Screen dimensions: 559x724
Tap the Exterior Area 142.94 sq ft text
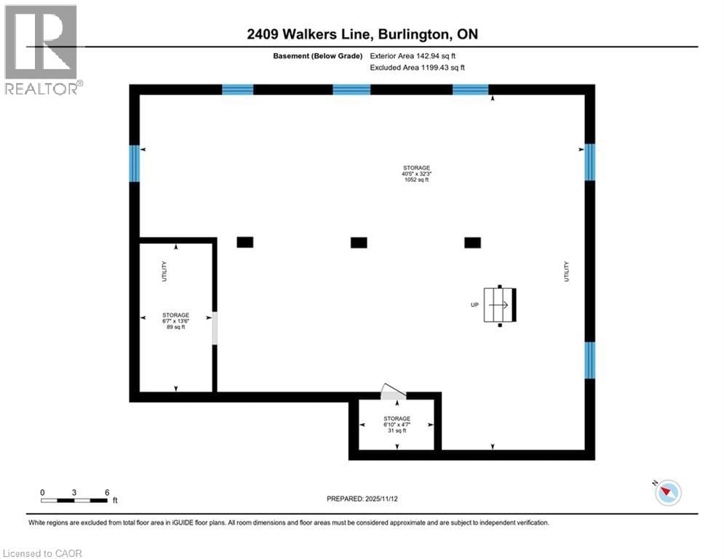[x=413, y=55]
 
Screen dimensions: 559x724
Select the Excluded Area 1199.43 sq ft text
[x=417, y=68]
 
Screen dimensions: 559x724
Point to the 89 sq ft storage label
[x=175, y=321]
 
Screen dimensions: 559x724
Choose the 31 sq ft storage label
[x=397, y=424]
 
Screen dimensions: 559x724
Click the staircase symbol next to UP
[x=501, y=304]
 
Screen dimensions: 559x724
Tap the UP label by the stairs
[x=474, y=304]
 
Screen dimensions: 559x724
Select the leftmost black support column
[x=245, y=242]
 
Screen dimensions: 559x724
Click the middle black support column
[x=359, y=242]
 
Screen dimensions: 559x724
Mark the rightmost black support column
[x=473, y=242]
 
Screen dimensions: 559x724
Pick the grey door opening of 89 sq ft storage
[x=214, y=329]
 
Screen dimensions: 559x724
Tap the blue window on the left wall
[x=135, y=163]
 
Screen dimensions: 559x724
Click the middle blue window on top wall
[x=351, y=90]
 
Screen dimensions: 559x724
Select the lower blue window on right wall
[x=590, y=360]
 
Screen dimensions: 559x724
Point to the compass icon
[x=667, y=493]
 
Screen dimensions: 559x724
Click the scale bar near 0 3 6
[x=75, y=501]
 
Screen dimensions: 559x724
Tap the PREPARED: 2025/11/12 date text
[x=363, y=499]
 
